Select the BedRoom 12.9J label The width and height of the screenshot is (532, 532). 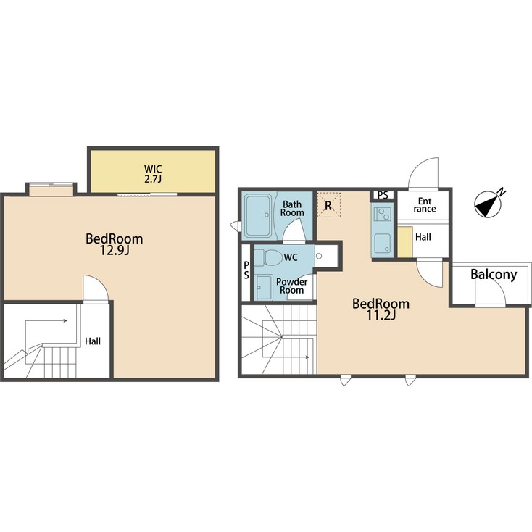pos(114,244)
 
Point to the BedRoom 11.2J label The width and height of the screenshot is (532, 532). pos(381,309)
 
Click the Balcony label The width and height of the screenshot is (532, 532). pos(493,275)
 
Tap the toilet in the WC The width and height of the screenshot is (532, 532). pos(271,257)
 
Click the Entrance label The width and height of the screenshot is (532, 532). pos(424,204)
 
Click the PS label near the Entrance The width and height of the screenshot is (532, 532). pos(383,195)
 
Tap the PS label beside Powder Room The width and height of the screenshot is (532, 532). pos(246,270)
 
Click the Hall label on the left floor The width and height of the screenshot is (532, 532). pos(93,341)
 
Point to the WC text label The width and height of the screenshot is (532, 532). pos(291,257)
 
